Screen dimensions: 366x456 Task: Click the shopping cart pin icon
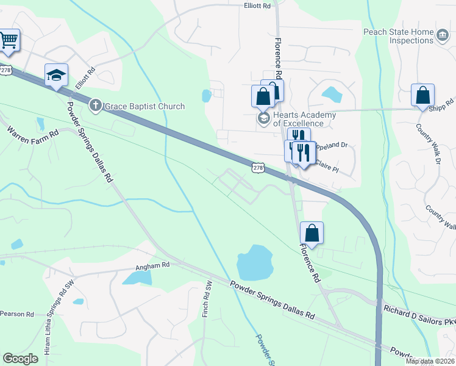[x=9, y=40]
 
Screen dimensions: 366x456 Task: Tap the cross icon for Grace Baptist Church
[x=96, y=106]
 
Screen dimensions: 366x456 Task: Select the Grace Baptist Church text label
[x=144, y=107]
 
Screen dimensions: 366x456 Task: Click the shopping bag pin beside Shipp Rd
[x=422, y=96]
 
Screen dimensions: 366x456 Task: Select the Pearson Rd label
[x=17, y=314]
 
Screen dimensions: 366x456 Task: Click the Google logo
[x=20, y=359]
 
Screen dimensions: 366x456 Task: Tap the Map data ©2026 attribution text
[x=430, y=361]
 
